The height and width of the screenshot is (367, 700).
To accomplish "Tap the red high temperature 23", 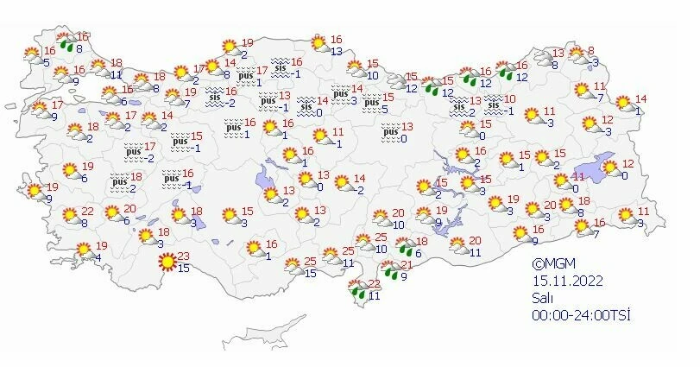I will point(183,256).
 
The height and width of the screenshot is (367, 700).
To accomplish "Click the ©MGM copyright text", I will point(553,264).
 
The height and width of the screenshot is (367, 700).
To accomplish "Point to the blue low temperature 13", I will point(336,51).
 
